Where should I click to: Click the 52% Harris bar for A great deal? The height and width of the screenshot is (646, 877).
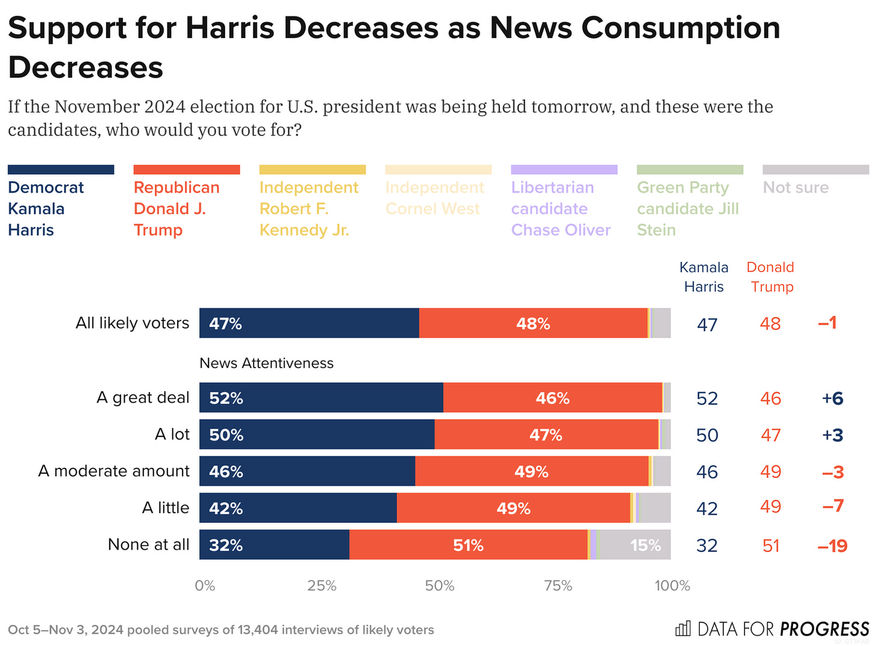click(321, 398)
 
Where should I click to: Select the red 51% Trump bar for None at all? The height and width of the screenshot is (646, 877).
click(468, 545)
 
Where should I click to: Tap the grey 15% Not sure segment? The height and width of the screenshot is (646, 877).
click(635, 545)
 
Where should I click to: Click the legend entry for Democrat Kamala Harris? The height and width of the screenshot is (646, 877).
click(46, 208)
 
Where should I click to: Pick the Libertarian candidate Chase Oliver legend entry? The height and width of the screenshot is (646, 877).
click(561, 208)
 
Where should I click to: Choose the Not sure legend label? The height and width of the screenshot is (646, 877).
click(796, 188)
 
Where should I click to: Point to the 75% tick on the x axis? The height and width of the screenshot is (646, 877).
click(558, 586)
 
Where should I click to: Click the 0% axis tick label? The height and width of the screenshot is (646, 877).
click(205, 586)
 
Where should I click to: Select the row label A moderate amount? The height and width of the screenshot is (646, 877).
click(114, 471)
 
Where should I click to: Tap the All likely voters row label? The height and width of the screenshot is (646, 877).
click(133, 323)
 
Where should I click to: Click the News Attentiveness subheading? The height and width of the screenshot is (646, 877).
click(266, 363)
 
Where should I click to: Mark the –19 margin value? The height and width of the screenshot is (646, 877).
click(832, 546)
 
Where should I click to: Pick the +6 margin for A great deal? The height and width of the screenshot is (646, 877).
click(832, 399)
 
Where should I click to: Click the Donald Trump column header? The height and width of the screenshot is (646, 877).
click(770, 277)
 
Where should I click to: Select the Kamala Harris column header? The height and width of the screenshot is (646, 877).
click(704, 277)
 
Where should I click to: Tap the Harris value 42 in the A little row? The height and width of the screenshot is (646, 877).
click(707, 509)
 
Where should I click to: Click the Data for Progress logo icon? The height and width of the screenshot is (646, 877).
click(682, 629)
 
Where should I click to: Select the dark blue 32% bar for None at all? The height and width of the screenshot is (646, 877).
click(274, 545)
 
